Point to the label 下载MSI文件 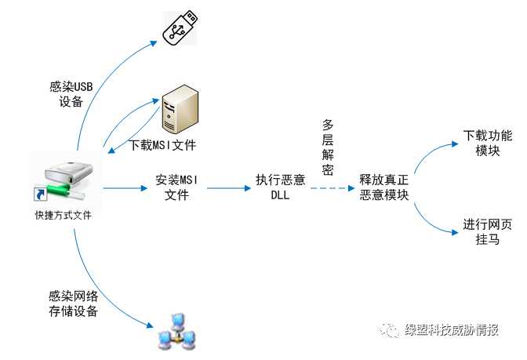(162, 145)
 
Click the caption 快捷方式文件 (63, 215)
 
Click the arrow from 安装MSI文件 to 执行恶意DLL (227, 188)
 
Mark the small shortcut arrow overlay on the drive (38, 195)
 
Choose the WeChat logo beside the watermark (391, 331)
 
